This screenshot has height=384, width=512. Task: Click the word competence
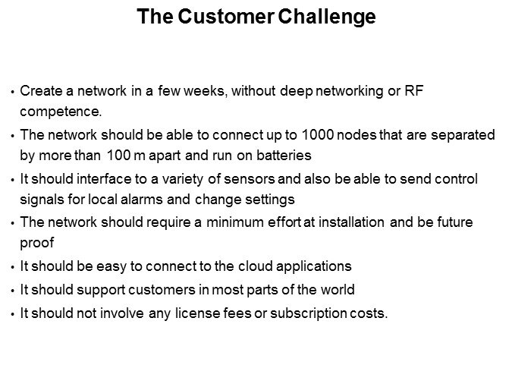coord(61,112)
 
